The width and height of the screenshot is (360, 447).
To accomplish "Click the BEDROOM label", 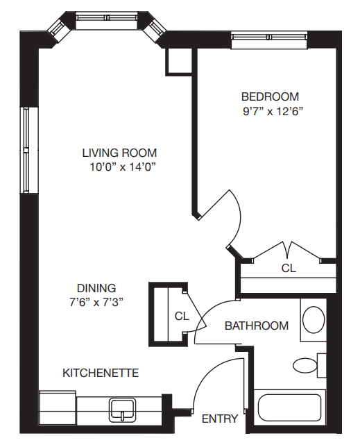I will pyautogui.click(x=270, y=96).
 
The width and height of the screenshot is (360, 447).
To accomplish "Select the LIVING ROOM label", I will pyautogui.click(x=119, y=153).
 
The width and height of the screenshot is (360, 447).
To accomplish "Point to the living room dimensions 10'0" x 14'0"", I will pyautogui.click(x=122, y=167).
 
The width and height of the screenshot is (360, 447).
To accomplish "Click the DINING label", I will pyautogui.click(x=96, y=287).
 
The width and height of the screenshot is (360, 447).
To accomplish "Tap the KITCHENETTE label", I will pyautogui.click(x=101, y=373).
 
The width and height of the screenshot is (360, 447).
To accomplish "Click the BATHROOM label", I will pyautogui.click(x=257, y=326).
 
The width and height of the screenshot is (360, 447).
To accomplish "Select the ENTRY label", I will pyautogui.click(x=219, y=419).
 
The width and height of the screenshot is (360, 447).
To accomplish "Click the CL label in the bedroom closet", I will pyautogui.click(x=288, y=267).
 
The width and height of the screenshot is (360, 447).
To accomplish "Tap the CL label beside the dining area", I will pyautogui.click(x=182, y=316).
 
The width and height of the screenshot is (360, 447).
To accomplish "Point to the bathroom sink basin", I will pyautogui.click(x=314, y=320).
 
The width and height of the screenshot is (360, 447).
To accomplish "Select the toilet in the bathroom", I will pyautogui.click(x=306, y=365).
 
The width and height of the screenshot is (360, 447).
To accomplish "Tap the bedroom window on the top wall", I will pyautogui.click(x=268, y=40).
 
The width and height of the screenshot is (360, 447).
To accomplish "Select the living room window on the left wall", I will pyautogui.click(x=26, y=150).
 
